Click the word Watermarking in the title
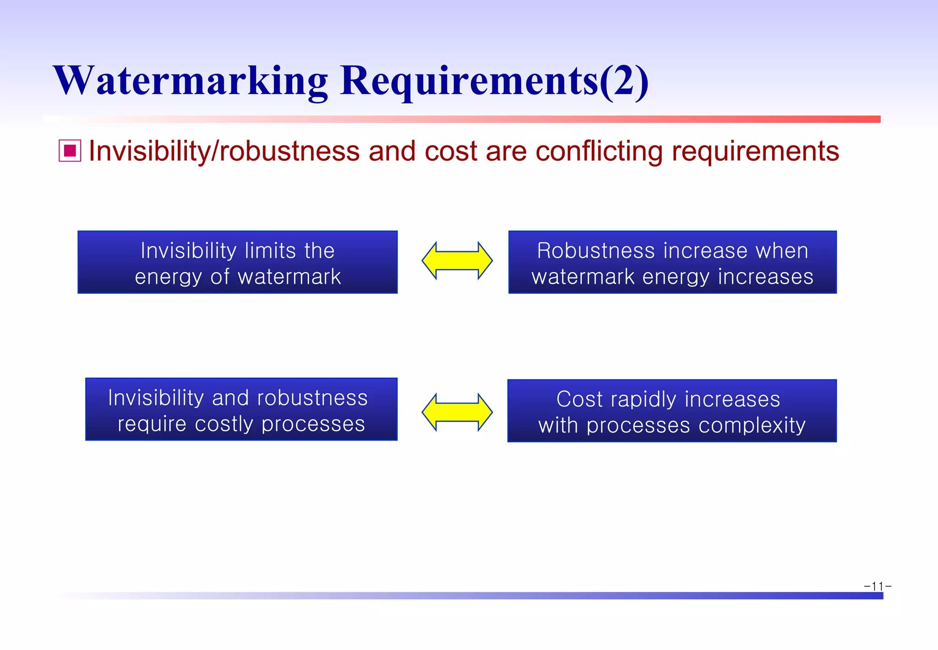click(190, 81)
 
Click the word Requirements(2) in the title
click(494, 81)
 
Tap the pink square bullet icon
click(70, 151)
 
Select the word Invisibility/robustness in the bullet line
click(224, 151)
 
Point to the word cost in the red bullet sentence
click(451, 152)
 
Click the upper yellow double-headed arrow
click(457, 261)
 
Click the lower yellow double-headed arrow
click(457, 412)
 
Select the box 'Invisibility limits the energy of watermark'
click(237, 262)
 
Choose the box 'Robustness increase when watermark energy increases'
click(672, 262)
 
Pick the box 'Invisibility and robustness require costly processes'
click(241, 409)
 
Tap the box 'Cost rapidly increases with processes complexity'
click(672, 411)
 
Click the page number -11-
click(877, 586)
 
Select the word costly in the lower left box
click(224, 424)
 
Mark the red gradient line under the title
click(550, 119)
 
